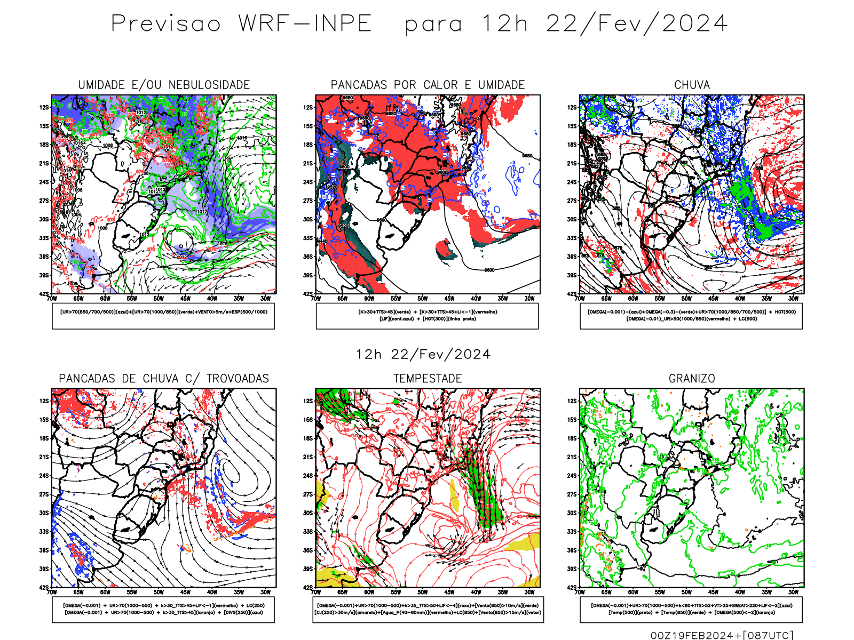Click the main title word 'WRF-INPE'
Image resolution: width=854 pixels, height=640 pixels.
click(305, 24)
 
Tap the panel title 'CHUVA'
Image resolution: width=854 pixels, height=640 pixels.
click(692, 85)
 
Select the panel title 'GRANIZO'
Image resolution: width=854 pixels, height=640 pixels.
click(692, 379)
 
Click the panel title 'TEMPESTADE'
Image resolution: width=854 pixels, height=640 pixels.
click(428, 379)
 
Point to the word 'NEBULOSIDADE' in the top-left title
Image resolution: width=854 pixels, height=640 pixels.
click(209, 85)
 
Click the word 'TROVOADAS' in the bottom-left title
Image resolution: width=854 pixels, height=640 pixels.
click(238, 379)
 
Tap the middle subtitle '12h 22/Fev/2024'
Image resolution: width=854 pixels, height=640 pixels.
click(423, 355)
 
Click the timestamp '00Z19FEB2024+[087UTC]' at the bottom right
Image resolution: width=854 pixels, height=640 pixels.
click(722, 635)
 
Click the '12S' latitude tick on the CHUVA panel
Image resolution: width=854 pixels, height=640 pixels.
click(572, 108)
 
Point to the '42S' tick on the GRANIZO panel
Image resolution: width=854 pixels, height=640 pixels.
click(572, 588)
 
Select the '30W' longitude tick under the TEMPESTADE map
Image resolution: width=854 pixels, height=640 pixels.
click(529, 592)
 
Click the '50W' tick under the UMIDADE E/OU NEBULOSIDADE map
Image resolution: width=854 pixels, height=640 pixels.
click(159, 299)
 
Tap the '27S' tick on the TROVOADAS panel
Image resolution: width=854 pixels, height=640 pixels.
click(44, 494)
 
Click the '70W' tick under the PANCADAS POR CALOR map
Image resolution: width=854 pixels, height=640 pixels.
click(315, 299)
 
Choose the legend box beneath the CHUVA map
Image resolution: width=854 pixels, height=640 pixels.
click(691, 316)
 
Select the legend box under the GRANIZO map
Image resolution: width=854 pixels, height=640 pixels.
click(691, 609)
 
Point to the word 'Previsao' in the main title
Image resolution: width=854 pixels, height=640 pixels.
click(166, 24)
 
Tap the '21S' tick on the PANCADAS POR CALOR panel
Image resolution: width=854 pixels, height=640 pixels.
click(308, 164)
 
